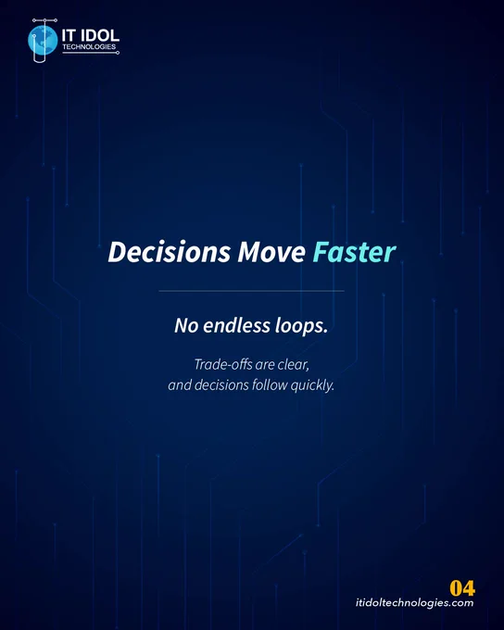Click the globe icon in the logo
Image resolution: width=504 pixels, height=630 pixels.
tap(43, 40)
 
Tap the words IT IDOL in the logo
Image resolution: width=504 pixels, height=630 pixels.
tap(91, 36)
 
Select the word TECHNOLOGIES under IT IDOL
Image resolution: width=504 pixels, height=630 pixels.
tap(89, 47)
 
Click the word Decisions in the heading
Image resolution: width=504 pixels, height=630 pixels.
tap(170, 252)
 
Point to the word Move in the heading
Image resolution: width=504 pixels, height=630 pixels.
tap(271, 253)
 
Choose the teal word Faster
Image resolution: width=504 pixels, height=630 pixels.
tap(354, 252)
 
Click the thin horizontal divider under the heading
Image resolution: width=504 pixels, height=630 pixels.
tap(252, 291)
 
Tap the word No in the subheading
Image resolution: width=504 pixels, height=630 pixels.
tap(186, 325)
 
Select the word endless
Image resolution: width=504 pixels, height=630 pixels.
tap(236, 325)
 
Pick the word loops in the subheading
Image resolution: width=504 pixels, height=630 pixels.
tap(301, 326)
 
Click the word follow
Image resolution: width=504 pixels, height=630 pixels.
tap(270, 384)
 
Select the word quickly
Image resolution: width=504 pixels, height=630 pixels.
tap(312, 385)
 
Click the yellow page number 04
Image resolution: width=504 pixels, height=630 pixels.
tap(462, 588)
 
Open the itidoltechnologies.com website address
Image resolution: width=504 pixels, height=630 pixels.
tap(414, 603)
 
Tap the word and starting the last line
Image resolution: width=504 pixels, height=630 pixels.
tap(180, 385)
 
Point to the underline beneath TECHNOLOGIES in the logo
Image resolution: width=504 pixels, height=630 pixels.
tap(90, 53)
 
